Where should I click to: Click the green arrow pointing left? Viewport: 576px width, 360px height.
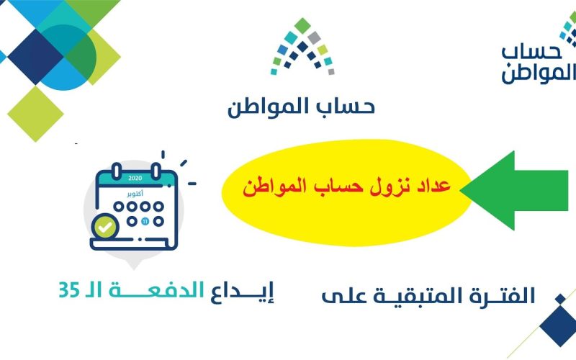(514, 191)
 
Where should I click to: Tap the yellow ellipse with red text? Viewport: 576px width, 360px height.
(346, 192)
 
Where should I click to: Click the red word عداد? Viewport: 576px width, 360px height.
(432, 186)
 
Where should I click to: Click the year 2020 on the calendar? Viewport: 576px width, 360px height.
(135, 179)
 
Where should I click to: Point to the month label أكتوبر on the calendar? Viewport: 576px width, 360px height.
(135, 194)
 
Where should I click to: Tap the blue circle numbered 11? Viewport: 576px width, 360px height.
(145, 222)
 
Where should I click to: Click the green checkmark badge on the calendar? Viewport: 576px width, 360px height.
(105, 227)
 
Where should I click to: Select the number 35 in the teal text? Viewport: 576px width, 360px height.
(69, 290)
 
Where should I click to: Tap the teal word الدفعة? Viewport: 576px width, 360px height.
(156, 290)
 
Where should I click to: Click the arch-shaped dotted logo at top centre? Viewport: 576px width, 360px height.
(302, 46)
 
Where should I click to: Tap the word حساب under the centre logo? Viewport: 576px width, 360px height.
(346, 107)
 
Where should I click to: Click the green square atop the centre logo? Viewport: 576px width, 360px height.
(302, 26)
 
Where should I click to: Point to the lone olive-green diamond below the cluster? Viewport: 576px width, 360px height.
(35, 114)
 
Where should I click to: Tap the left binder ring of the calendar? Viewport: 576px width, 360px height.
(117, 171)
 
